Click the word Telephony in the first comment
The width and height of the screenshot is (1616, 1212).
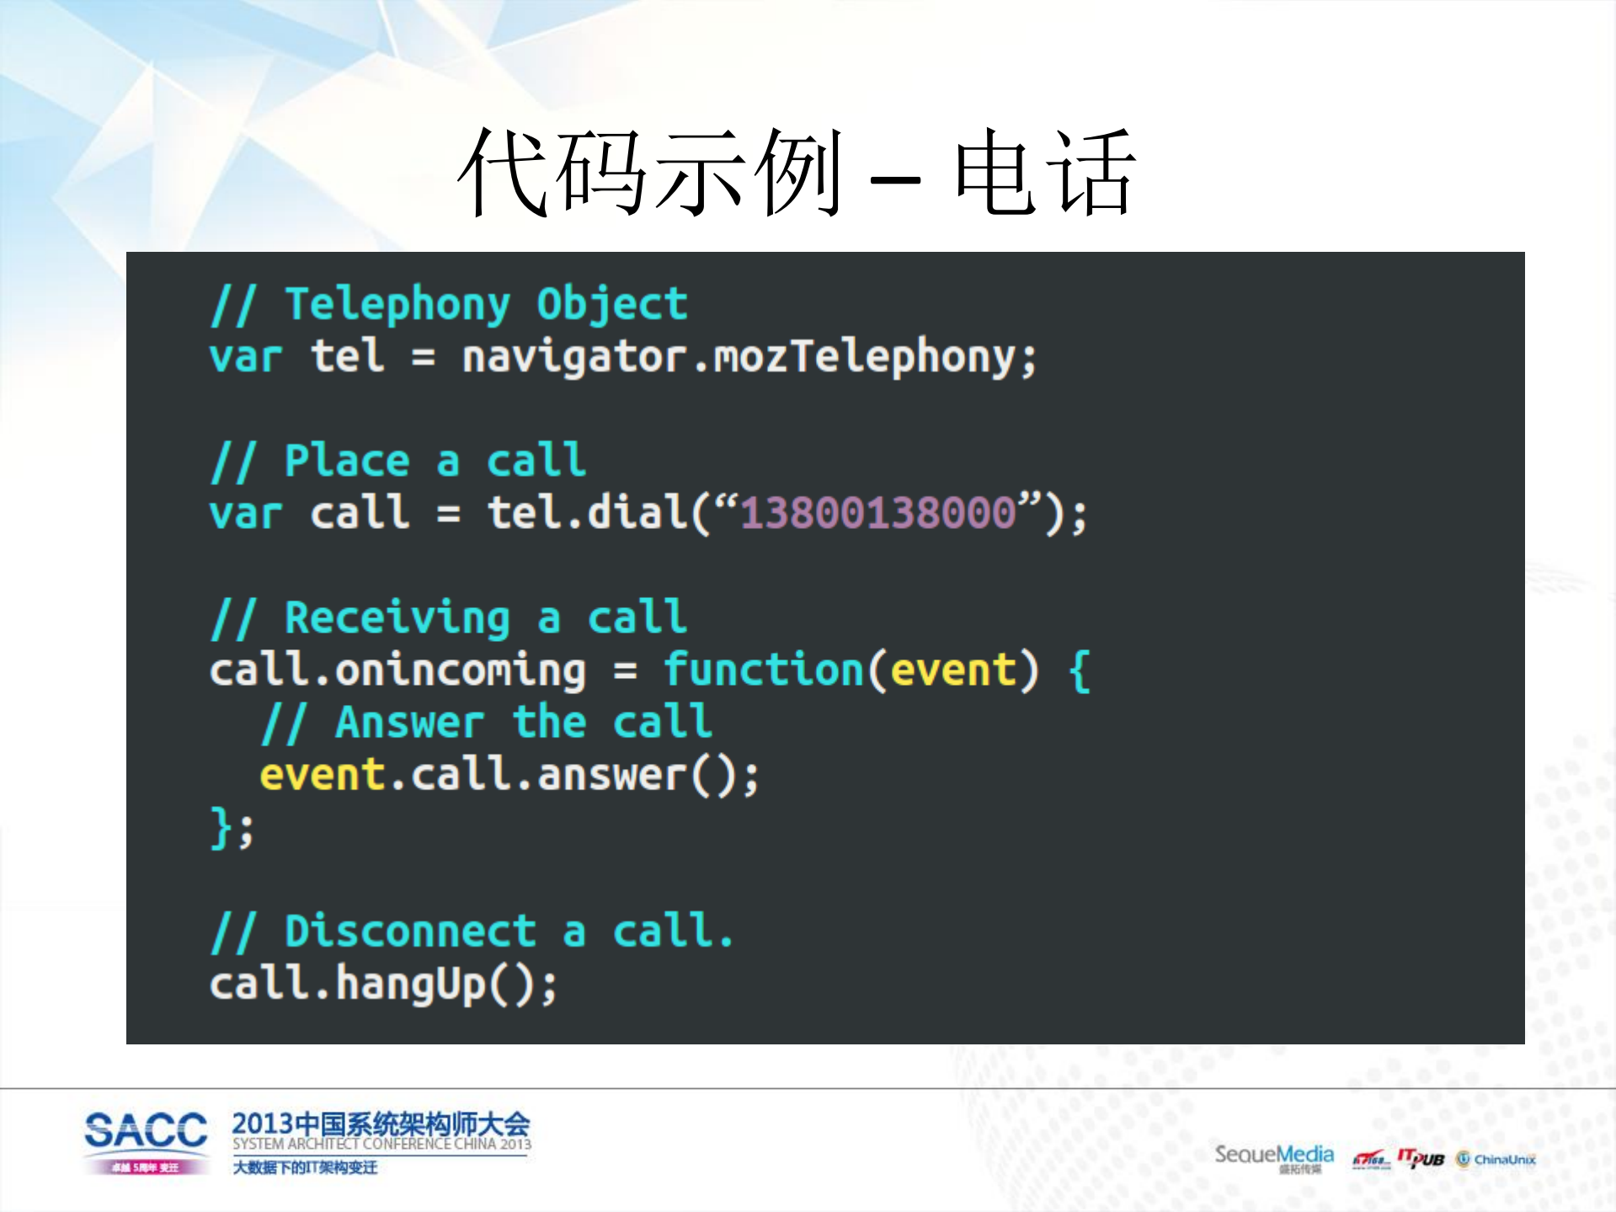[x=397, y=305]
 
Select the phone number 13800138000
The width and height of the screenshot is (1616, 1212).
[x=877, y=513]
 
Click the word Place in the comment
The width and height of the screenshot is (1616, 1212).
[x=347, y=462]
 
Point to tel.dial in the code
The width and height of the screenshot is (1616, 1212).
[x=586, y=513]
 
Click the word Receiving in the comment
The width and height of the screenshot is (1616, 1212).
[x=397, y=618]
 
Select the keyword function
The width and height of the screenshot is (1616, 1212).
[x=763, y=670]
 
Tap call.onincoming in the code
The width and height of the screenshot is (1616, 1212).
[x=397, y=670]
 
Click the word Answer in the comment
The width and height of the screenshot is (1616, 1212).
[x=409, y=723]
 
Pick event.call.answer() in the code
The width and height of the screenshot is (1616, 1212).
[x=509, y=775]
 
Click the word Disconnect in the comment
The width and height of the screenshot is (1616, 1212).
[x=410, y=932]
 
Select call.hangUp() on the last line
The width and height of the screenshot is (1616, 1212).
[x=383, y=984]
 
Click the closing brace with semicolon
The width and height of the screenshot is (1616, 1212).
[x=231, y=828]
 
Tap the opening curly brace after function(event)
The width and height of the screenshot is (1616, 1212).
[x=1079, y=671]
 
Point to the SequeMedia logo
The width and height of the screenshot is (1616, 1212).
[x=1273, y=1156]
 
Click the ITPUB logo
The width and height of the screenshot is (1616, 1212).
[x=1421, y=1159]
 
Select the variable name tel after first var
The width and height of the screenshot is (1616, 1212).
[x=347, y=357]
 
